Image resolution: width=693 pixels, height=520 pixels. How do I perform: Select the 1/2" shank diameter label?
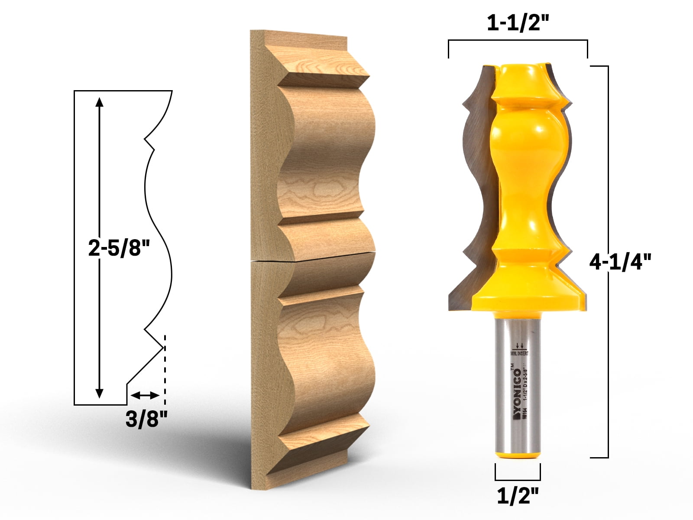(518, 496)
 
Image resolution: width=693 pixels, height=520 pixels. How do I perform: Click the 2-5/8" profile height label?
(119, 248)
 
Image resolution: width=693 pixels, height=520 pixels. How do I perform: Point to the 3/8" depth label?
(146, 419)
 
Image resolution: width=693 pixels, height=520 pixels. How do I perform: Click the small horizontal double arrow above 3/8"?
(145, 395)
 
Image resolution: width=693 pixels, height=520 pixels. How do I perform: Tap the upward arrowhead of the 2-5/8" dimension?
(100, 102)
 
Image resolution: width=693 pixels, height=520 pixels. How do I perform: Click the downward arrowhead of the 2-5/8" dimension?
(100, 393)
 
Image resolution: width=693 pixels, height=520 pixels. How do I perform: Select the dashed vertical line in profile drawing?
(165, 368)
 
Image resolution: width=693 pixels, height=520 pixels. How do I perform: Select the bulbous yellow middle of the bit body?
(522, 143)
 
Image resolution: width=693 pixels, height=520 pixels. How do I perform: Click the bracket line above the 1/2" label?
(518, 480)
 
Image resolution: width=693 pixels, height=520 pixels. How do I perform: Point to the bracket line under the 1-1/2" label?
(518, 40)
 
